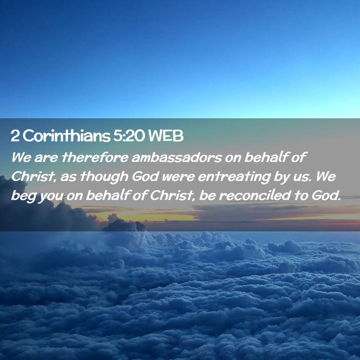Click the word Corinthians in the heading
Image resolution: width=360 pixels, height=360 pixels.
point(66,136)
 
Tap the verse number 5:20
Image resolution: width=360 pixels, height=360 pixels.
point(129,136)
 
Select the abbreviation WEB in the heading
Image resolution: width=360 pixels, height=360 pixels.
point(166,136)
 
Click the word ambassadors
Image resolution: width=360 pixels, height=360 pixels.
point(177,157)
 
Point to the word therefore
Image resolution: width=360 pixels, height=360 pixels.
point(95,157)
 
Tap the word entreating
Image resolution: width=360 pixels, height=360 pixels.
point(233,177)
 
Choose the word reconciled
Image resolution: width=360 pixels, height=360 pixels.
point(255,195)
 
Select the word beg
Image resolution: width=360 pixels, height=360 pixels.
point(23,196)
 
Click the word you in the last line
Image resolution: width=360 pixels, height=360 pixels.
point(51,197)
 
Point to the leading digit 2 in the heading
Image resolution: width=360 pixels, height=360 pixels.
point(15,136)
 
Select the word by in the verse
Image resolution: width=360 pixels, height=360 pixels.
point(281,177)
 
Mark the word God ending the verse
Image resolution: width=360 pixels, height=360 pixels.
point(326,195)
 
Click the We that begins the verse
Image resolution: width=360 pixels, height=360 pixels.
point(21,157)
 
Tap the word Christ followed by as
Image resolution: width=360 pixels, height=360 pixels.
point(33,177)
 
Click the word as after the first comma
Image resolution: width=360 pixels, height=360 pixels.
point(68,178)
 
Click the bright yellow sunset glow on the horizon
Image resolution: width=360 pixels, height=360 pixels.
point(147,217)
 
